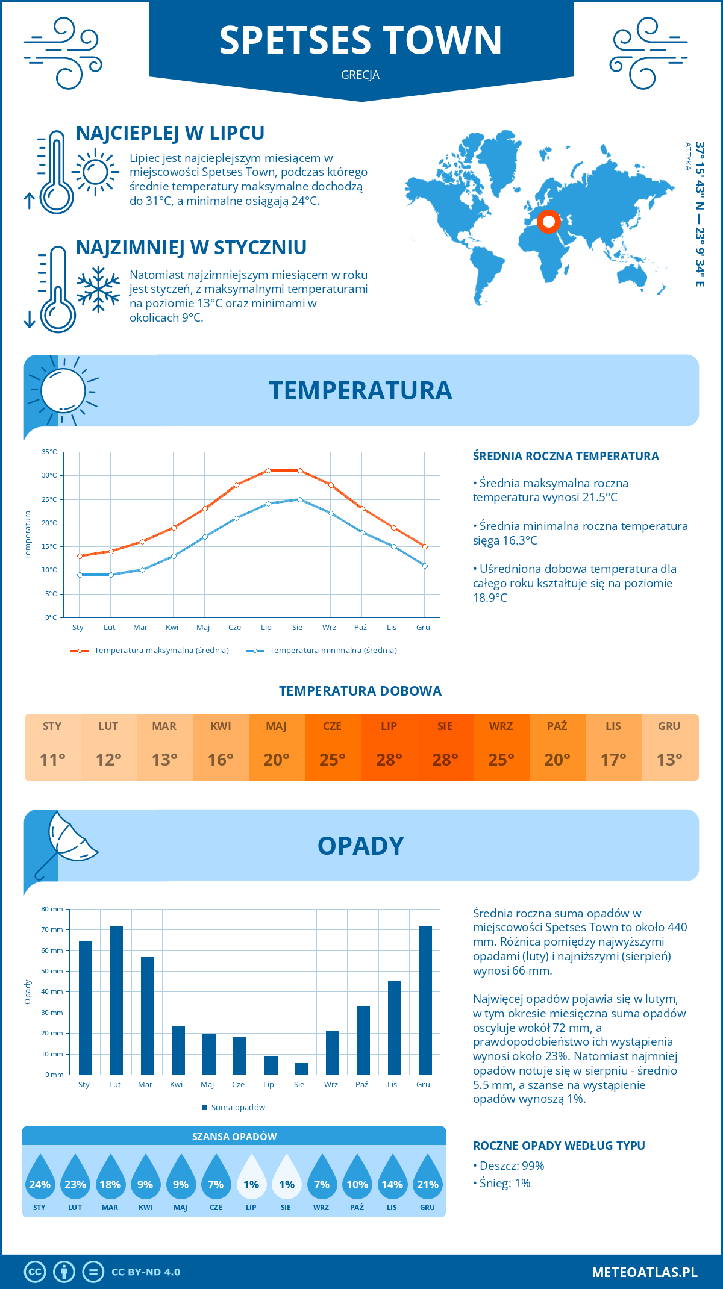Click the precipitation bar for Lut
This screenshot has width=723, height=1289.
coord(116,1000)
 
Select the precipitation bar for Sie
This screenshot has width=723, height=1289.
coord(301,1069)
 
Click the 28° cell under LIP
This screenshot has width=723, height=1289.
coord(389,760)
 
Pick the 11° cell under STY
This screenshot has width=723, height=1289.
coord(52,760)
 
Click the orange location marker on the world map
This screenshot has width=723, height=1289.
coord(548,222)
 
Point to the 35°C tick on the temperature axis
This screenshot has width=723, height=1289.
coord(49,452)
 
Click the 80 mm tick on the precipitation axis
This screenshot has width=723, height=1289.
coord(52,909)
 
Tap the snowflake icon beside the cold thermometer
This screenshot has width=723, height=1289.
coord(98,289)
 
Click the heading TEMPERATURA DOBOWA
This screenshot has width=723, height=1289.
coord(360,691)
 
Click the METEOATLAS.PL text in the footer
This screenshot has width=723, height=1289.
coord(645,1272)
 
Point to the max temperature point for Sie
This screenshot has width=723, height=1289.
coord(299,470)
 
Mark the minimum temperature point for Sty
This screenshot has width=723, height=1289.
coord(80,575)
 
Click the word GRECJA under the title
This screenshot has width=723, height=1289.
coord(360,75)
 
